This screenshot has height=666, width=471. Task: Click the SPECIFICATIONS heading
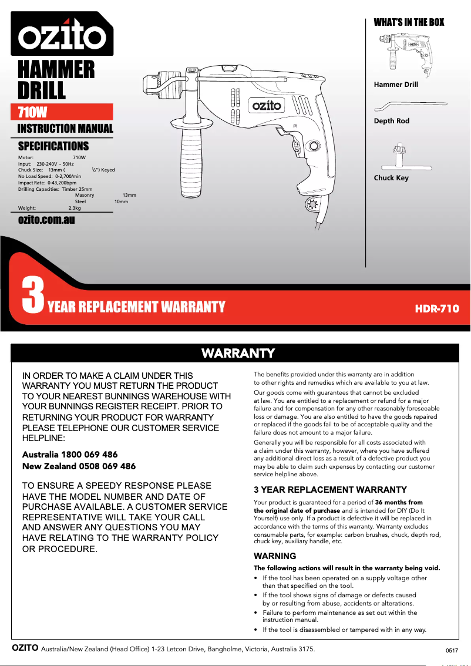[x=53, y=146]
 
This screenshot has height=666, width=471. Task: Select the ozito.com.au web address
[x=46, y=220]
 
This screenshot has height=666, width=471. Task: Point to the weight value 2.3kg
[x=75, y=208]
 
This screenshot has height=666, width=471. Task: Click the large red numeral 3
[x=32, y=297]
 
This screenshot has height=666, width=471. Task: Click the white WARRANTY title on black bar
[x=237, y=353]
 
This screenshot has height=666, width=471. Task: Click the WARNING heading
[x=274, y=556]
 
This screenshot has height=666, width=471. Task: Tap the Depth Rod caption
[x=391, y=121]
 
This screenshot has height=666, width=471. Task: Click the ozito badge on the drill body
[x=267, y=106]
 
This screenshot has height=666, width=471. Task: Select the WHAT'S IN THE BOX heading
[x=409, y=22]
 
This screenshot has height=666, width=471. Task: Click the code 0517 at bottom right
[x=451, y=651]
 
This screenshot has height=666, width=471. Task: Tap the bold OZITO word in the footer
[x=25, y=648]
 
